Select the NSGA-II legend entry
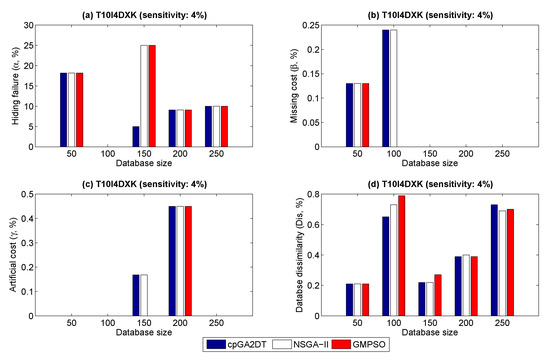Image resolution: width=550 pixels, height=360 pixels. (x=325, y=343)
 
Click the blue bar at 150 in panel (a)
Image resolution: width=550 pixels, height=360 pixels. (x=136, y=138)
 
